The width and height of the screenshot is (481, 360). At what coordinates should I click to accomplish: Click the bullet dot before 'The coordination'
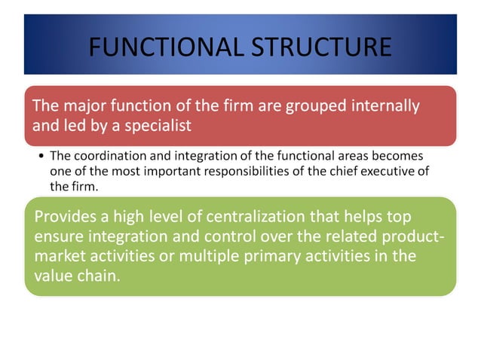click(41, 157)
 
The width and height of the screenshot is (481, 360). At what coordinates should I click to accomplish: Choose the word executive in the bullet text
click(396, 171)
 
